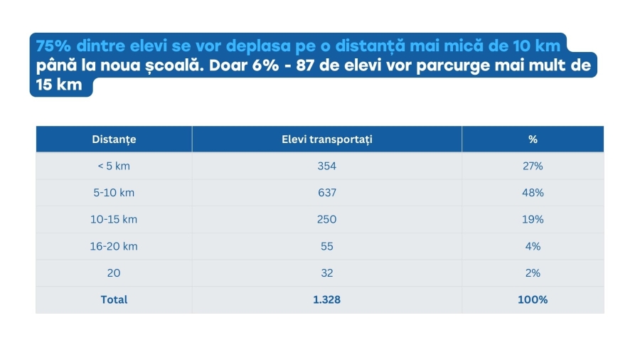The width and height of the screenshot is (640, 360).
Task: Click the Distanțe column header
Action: click(114, 139)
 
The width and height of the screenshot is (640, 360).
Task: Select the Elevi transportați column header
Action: click(326, 139)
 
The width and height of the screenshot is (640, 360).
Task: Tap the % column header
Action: click(533, 139)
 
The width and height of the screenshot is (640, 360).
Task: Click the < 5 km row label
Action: click(114, 166)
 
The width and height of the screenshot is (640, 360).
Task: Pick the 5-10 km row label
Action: click(114, 193)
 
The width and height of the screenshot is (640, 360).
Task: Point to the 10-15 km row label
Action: click(114, 220)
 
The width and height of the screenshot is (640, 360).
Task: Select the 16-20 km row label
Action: click(114, 246)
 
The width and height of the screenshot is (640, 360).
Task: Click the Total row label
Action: click(114, 300)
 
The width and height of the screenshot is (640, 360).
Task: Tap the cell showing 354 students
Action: click(326, 166)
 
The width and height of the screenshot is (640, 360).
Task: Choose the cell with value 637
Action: click(326, 193)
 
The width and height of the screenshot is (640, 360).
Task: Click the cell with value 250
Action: click(326, 220)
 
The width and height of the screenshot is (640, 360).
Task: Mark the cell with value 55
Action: click(326, 246)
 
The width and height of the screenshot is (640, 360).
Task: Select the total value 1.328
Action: click(326, 300)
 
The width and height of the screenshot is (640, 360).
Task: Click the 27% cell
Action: click(533, 166)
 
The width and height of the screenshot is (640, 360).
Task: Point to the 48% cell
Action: click(533, 193)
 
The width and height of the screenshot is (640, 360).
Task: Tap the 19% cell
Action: click(533, 220)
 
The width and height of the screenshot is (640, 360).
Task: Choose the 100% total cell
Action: click(533, 300)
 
